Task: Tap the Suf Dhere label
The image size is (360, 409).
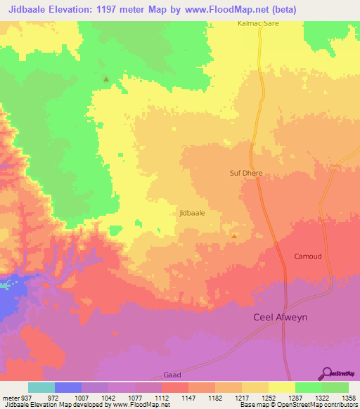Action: (245, 172)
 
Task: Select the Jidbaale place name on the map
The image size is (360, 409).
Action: (192, 212)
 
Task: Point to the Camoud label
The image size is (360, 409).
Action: (308, 257)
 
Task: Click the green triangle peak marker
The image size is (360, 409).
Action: (106, 79)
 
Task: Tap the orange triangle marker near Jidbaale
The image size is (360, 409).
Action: (234, 237)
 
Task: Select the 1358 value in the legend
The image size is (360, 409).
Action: (349, 397)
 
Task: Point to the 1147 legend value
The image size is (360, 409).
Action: (188, 397)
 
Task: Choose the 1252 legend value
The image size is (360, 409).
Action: (269, 397)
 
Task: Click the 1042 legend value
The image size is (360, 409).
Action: (108, 397)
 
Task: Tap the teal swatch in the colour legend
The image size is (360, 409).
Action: (41, 387)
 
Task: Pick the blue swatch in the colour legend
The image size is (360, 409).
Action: (67, 387)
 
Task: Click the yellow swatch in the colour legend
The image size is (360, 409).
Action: (281, 387)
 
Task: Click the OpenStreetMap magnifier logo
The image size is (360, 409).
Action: (326, 374)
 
